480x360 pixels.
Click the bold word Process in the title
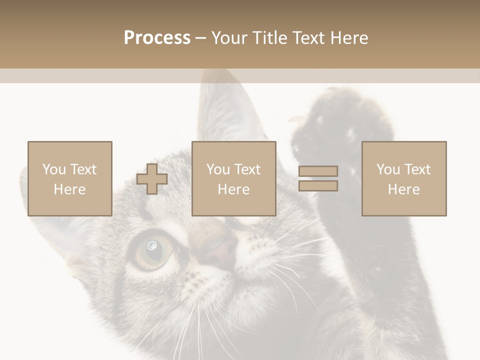[157, 38]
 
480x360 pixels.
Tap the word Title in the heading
[271, 38]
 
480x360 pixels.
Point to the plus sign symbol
[152, 179]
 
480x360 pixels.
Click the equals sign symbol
[318, 178]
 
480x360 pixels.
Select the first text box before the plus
[70, 178]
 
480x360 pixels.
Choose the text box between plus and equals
[234, 178]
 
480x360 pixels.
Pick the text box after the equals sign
[404, 178]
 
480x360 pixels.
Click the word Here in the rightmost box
[404, 189]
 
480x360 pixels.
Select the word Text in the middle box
[247, 169]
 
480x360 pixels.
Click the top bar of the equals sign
[318, 171]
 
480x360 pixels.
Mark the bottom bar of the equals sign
[318, 185]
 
